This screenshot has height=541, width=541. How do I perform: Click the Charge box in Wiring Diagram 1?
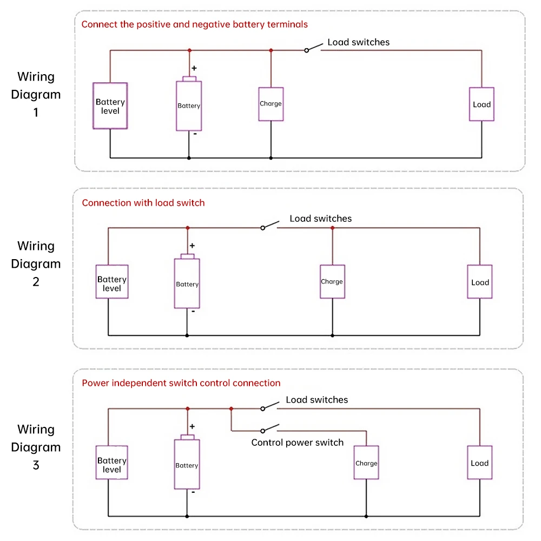click(270, 104)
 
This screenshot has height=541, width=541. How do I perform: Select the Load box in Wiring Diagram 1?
click(481, 104)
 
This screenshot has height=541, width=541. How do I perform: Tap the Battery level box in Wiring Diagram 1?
click(110, 106)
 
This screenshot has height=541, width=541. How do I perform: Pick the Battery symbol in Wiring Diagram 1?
click(189, 105)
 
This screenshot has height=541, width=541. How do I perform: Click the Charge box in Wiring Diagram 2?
click(332, 282)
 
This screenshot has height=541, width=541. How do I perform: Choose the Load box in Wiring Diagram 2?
click(480, 282)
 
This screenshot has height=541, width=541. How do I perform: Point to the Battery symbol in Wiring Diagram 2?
click(187, 283)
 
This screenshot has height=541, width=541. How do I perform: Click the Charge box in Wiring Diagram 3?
click(366, 463)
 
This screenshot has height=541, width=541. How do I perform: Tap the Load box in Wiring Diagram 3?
click(480, 463)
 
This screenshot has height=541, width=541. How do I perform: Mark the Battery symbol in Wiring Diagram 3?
click(187, 465)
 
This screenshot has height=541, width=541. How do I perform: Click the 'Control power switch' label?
click(297, 443)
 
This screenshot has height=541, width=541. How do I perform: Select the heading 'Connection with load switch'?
click(143, 203)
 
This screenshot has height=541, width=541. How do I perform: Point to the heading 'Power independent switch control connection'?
click(181, 383)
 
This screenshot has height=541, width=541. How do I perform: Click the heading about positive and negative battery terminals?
click(194, 24)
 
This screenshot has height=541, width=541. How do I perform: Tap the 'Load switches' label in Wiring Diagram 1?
click(358, 42)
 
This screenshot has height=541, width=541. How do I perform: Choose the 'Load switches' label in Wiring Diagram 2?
click(320, 219)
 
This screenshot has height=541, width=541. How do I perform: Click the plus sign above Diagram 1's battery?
click(194, 69)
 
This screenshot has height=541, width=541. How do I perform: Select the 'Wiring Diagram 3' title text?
click(36, 447)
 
